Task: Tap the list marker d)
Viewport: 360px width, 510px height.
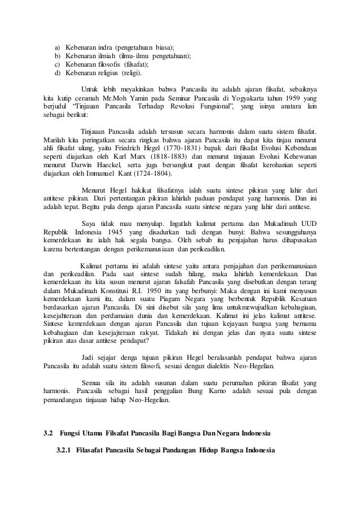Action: (x=56, y=73)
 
